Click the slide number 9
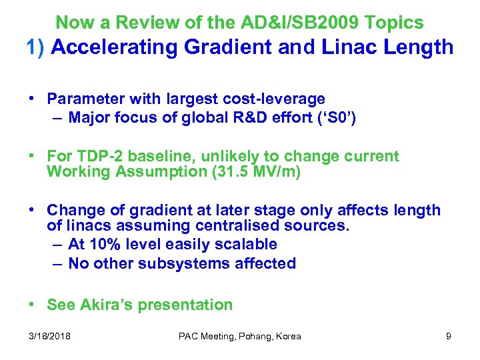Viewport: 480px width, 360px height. pos(449,336)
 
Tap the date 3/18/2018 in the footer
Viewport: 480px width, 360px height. pos(51,336)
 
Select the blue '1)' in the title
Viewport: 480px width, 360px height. pos(35,48)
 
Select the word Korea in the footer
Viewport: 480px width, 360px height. pos(288,336)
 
